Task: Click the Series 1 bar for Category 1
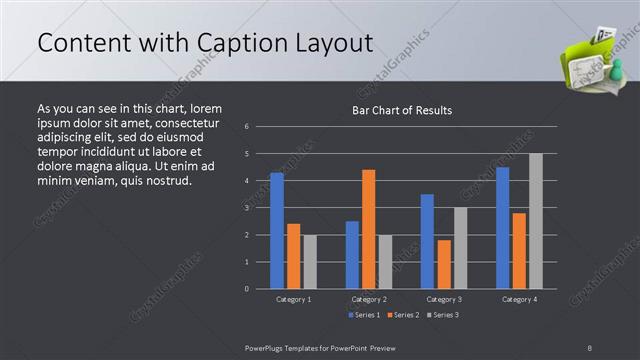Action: tap(277, 231)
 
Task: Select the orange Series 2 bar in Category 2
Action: tap(369, 229)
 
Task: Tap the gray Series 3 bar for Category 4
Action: tap(536, 221)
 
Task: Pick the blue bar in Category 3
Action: tap(427, 241)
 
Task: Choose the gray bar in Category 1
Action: tap(310, 262)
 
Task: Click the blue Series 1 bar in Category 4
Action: tap(502, 228)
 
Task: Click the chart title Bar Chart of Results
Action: tap(402, 110)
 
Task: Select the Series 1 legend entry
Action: tap(363, 315)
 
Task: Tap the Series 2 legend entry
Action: tap(403, 315)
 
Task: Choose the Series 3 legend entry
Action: tap(443, 315)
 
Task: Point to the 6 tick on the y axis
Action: tap(247, 126)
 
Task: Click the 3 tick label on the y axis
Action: tap(247, 208)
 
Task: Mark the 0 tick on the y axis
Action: tap(247, 289)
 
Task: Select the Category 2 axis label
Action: tap(369, 299)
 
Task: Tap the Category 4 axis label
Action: tap(519, 299)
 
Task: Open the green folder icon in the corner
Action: tap(592, 61)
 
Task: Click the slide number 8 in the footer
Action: tap(590, 347)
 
